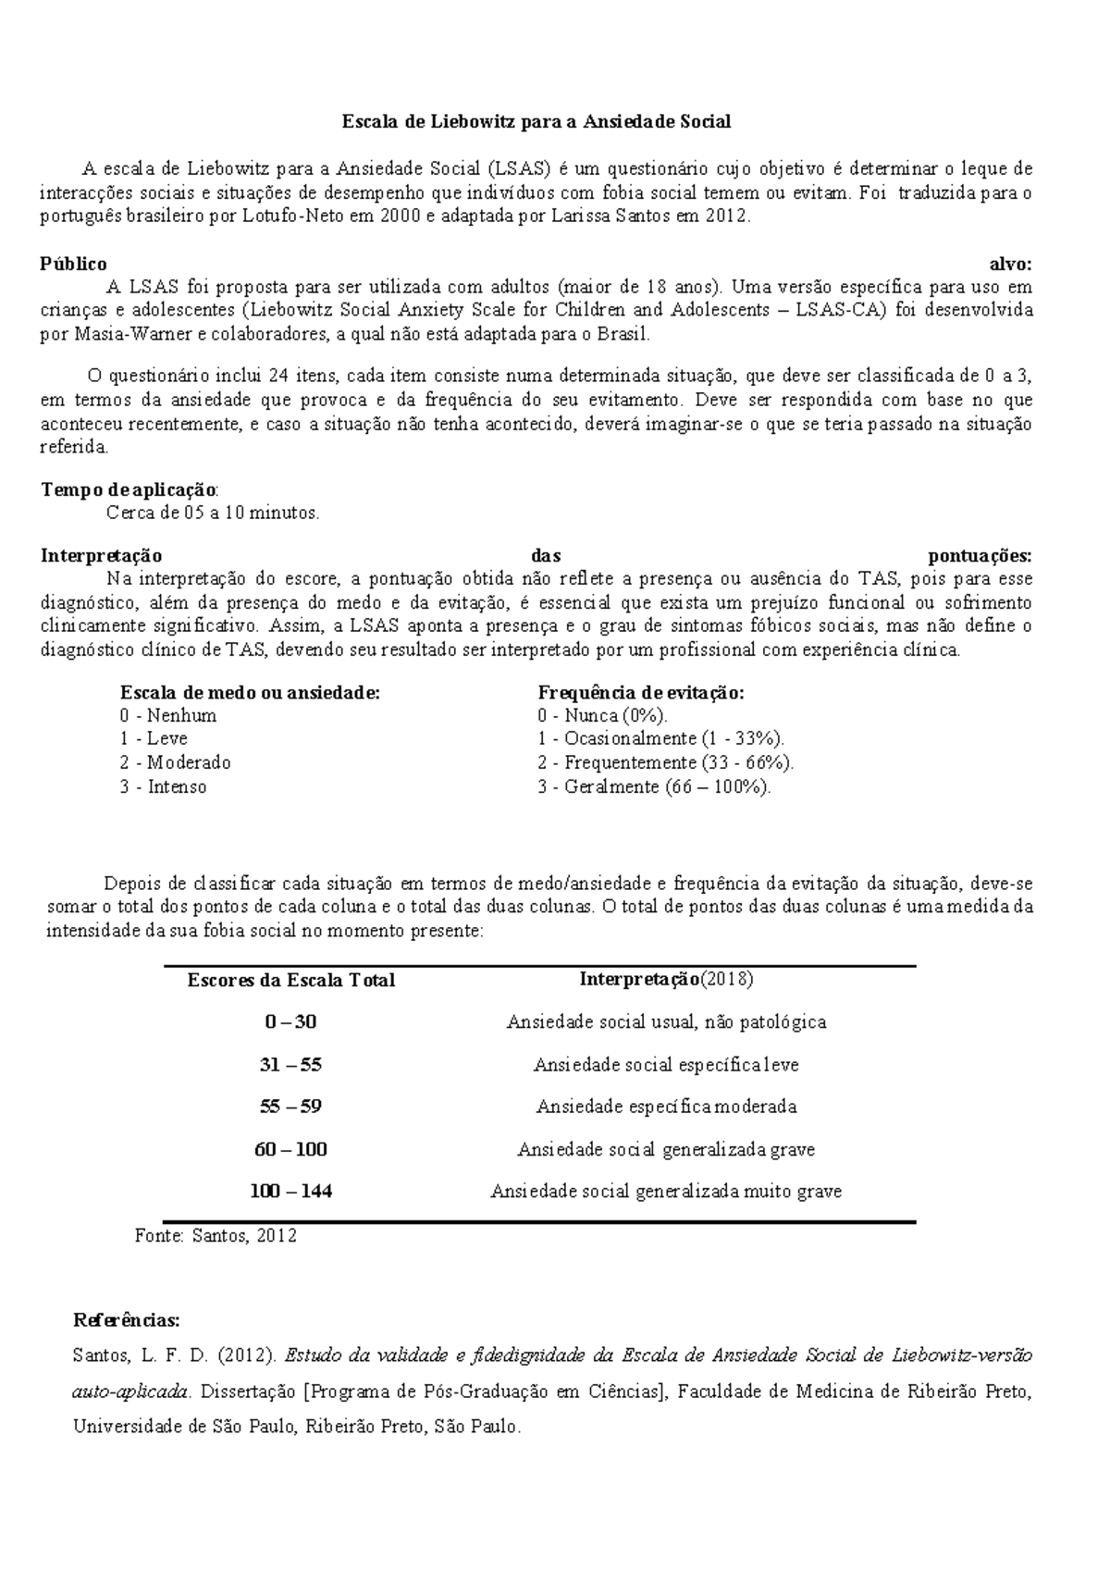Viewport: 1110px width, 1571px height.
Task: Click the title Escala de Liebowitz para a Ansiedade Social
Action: (536, 121)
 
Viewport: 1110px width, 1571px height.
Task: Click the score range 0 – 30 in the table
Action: (290, 1022)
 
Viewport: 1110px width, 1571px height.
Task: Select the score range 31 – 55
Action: (290, 1065)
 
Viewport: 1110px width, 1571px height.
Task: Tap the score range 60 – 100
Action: (290, 1150)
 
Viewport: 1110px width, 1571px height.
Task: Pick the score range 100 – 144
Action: (290, 1192)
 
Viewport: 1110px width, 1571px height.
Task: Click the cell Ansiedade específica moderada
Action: (666, 1107)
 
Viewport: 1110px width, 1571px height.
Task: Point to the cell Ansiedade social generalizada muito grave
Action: (666, 1192)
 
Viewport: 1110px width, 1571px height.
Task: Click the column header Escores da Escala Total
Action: (290, 981)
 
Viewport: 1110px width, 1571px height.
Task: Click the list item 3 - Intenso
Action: (163, 787)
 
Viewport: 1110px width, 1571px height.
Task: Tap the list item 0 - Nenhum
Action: (167, 716)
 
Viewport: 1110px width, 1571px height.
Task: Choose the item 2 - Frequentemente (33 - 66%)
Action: (665, 763)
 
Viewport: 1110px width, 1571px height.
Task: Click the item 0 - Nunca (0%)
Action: (602, 716)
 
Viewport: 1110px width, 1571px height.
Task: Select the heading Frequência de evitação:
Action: (641, 693)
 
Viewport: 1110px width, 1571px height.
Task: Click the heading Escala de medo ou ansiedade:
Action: (250, 693)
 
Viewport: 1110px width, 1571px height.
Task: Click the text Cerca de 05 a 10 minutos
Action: (213, 513)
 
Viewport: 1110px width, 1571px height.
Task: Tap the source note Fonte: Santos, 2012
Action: (216, 1235)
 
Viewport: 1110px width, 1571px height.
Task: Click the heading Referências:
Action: (126, 1319)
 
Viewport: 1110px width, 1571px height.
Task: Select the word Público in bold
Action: (74, 264)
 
